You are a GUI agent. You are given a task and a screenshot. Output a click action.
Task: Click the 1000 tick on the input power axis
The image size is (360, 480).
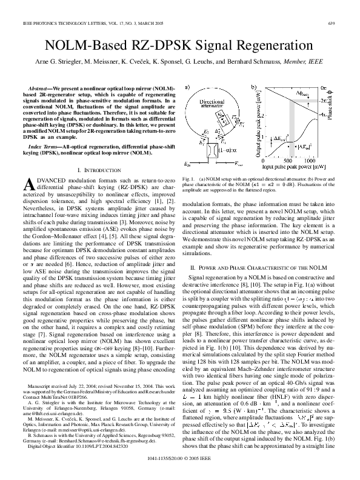pyautogui.click(x=309, y=161)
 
